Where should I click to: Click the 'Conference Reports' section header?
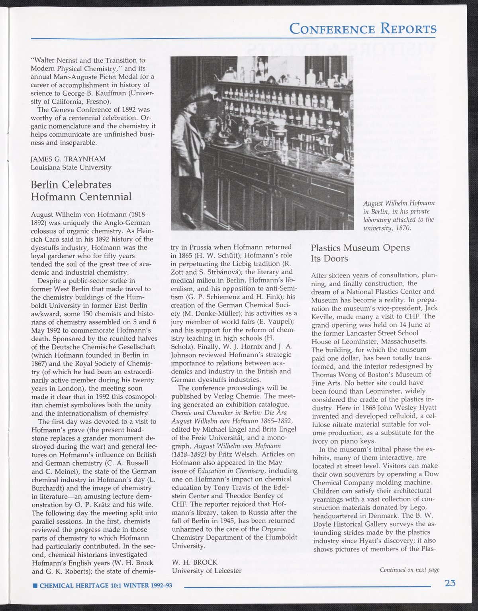tap(362, 29)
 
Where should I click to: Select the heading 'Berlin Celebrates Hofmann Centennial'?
tap(81, 191)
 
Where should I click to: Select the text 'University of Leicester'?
tap(206, 570)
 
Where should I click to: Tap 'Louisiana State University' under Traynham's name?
tap(71, 167)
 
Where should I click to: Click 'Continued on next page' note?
tap(409, 570)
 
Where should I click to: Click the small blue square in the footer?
tap(35, 586)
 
